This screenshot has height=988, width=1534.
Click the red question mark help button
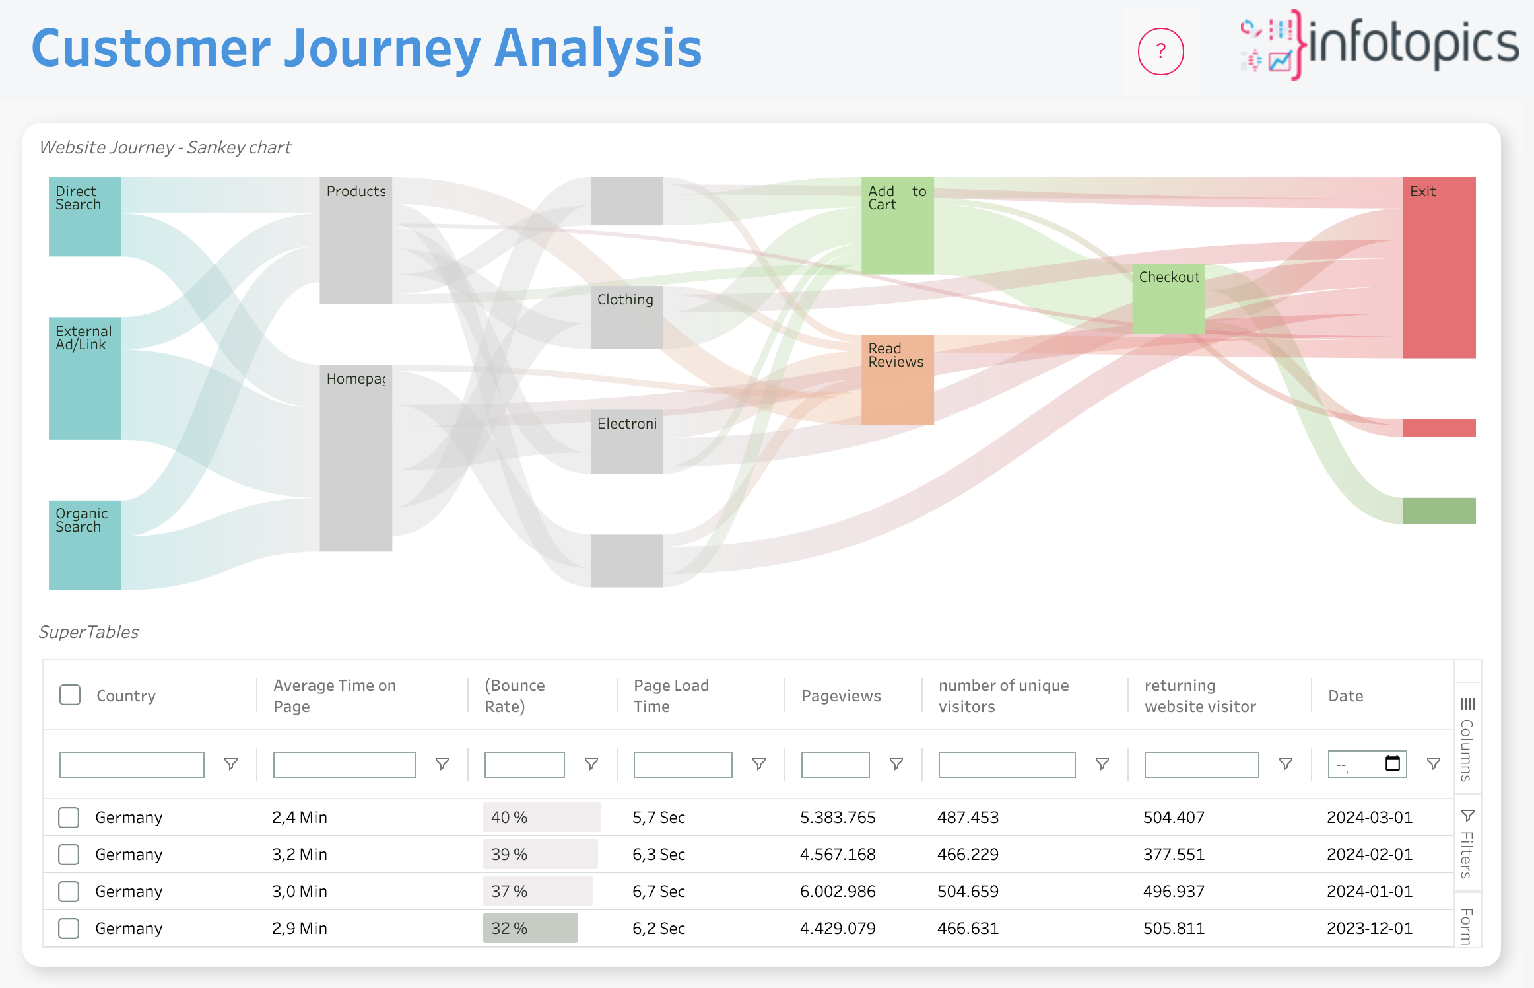click(1160, 52)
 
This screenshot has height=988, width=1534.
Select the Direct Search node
click(85, 217)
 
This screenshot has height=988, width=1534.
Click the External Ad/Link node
click(85, 378)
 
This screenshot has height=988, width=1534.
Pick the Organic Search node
click(85, 546)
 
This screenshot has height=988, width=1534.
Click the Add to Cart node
click(897, 226)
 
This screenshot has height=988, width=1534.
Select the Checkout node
click(1168, 299)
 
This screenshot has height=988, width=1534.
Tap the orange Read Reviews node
click(897, 380)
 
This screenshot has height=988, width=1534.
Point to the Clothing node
click(626, 318)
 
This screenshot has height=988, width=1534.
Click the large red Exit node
click(1439, 267)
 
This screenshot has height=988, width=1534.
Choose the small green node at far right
click(1439, 511)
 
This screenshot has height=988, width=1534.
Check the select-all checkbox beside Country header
click(70, 695)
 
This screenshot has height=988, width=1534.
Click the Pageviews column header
click(841, 696)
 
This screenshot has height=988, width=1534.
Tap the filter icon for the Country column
click(231, 764)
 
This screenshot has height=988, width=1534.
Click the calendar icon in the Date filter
click(1392, 763)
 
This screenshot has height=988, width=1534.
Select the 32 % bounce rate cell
click(531, 928)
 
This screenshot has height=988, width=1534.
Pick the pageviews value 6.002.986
click(838, 891)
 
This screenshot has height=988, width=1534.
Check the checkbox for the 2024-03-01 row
click(69, 817)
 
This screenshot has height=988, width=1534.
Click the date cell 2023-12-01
click(1370, 928)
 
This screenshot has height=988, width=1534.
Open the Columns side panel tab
click(1467, 740)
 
